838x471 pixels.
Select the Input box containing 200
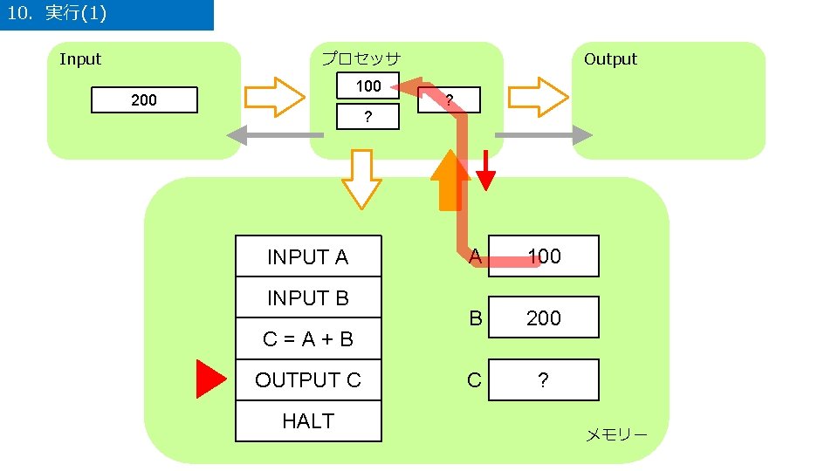click(x=145, y=100)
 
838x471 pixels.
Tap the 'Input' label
click(x=80, y=59)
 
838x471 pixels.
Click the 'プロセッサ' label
click(x=361, y=59)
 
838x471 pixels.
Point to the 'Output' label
click(x=610, y=59)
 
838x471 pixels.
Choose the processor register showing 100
click(x=368, y=86)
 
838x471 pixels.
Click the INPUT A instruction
click(x=308, y=257)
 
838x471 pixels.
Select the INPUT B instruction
click(x=308, y=298)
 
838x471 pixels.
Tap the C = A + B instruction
click(x=308, y=339)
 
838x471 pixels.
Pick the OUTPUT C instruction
click(x=308, y=380)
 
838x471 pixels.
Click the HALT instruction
click(x=308, y=421)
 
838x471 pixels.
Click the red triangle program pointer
click(x=210, y=379)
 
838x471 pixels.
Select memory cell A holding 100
click(x=544, y=256)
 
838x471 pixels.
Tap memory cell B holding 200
click(x=544, y=318)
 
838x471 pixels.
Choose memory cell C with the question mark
click(x=544, y=380)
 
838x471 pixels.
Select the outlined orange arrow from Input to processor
click(x=274, y=97)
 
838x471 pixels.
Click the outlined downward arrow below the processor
click(x=361, y=178)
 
